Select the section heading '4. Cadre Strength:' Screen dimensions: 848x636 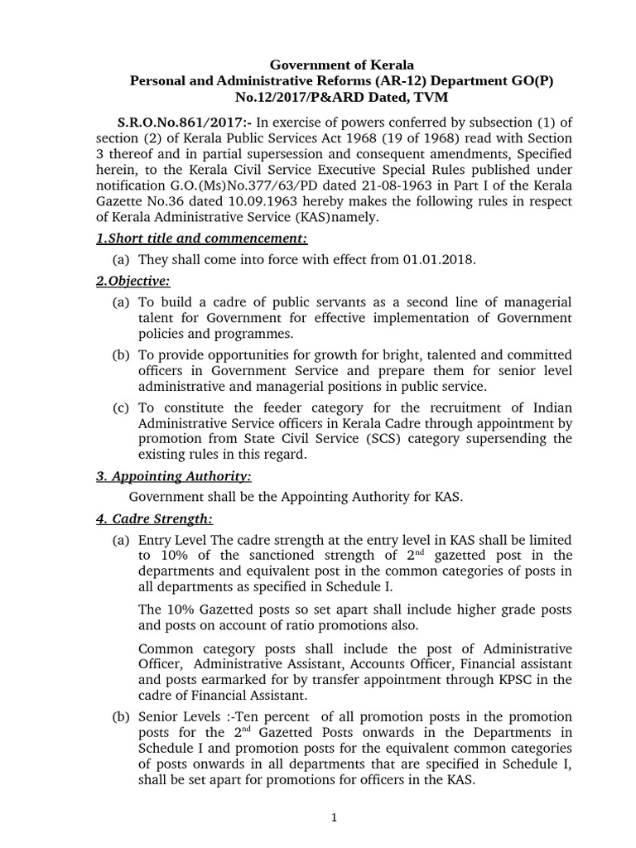(152, 519)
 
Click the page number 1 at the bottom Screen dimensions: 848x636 (334, 818)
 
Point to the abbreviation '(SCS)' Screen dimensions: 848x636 (386, 439)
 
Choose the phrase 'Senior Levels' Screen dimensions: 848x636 (178, 715)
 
